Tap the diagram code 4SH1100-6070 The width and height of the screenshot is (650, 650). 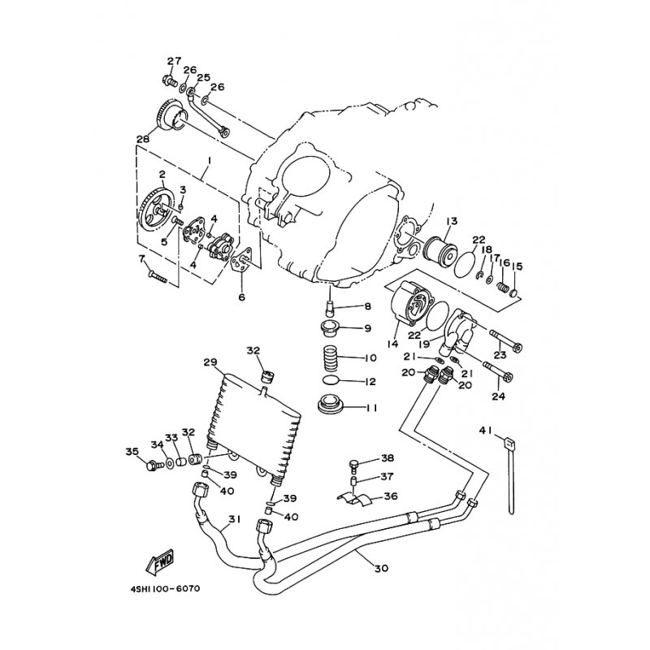[x=165, y=588]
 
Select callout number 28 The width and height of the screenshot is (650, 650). [x=143, y=139]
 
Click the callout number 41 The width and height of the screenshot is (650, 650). [x=485, y=431]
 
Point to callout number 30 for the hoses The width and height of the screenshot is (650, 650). [x=381, y=568]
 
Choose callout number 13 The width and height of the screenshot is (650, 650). [x=452, y=221]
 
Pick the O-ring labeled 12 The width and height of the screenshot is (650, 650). [x=331, y=379]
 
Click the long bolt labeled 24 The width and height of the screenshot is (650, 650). [x=498, y=371]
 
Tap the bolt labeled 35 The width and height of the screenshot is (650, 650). [x=155, y=466]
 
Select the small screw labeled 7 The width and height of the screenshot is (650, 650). [x=157, y=276]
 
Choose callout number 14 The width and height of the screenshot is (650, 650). [x=392, y=344]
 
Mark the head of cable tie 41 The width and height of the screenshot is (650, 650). [x=509, y=444]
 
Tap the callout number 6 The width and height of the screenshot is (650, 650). [x=241, y=297]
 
